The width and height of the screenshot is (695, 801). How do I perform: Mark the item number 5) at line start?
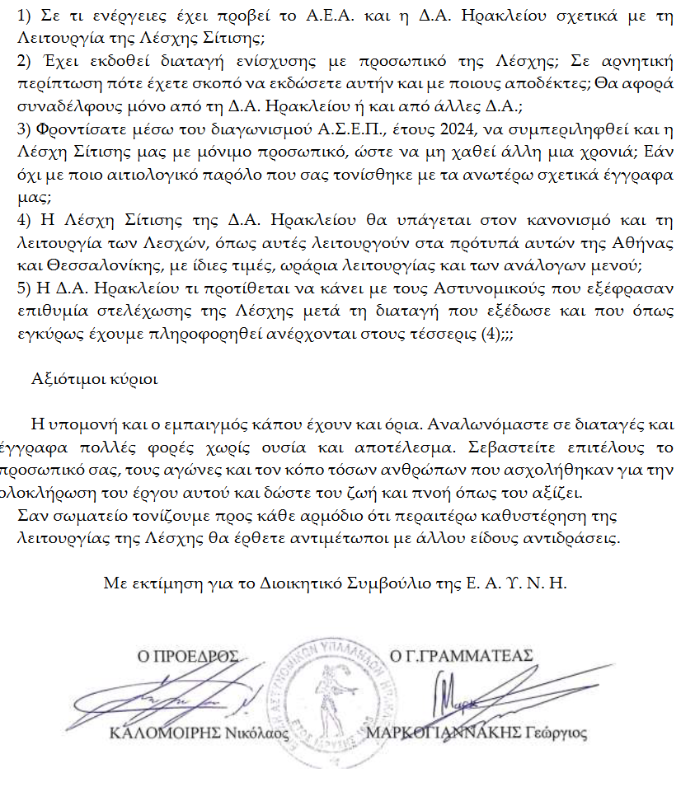pos(24,288)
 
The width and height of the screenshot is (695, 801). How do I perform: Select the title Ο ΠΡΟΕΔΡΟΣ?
pos(187,656)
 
